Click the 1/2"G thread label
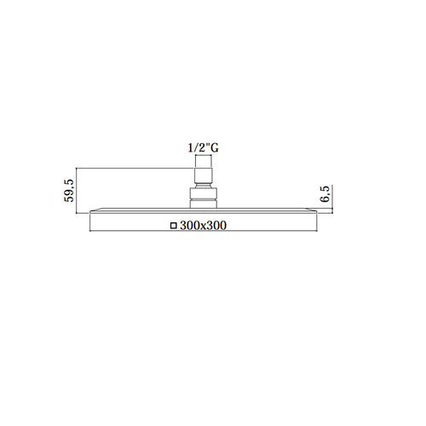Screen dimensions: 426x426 coord(204,148)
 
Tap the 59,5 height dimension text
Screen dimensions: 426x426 coord(69,191)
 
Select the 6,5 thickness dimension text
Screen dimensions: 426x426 coord(325,194)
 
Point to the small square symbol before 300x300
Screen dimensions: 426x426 coord(173,226)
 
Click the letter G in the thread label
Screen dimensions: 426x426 coord(215,148)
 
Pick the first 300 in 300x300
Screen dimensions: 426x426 coord(188,226)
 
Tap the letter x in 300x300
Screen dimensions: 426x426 coord(199,227)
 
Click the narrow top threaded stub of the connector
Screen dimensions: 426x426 coord(204,162)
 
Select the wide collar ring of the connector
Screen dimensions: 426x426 coord(204,194)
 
